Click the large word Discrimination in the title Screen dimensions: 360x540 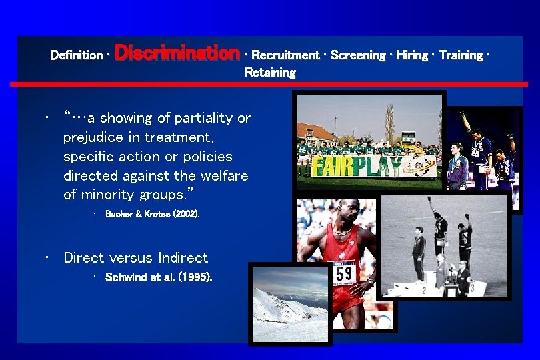coord(177,53)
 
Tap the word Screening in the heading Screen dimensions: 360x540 coord(358,55)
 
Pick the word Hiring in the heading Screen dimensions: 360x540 coord(412,55)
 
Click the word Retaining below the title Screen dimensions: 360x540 coord(270,73)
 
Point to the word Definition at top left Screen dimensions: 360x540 coord(76,55)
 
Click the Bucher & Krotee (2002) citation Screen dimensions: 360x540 coord(152,215)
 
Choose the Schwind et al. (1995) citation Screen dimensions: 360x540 coord(159,277)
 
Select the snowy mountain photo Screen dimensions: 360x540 coord(290,303)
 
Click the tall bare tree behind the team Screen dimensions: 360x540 coord(389,123)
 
